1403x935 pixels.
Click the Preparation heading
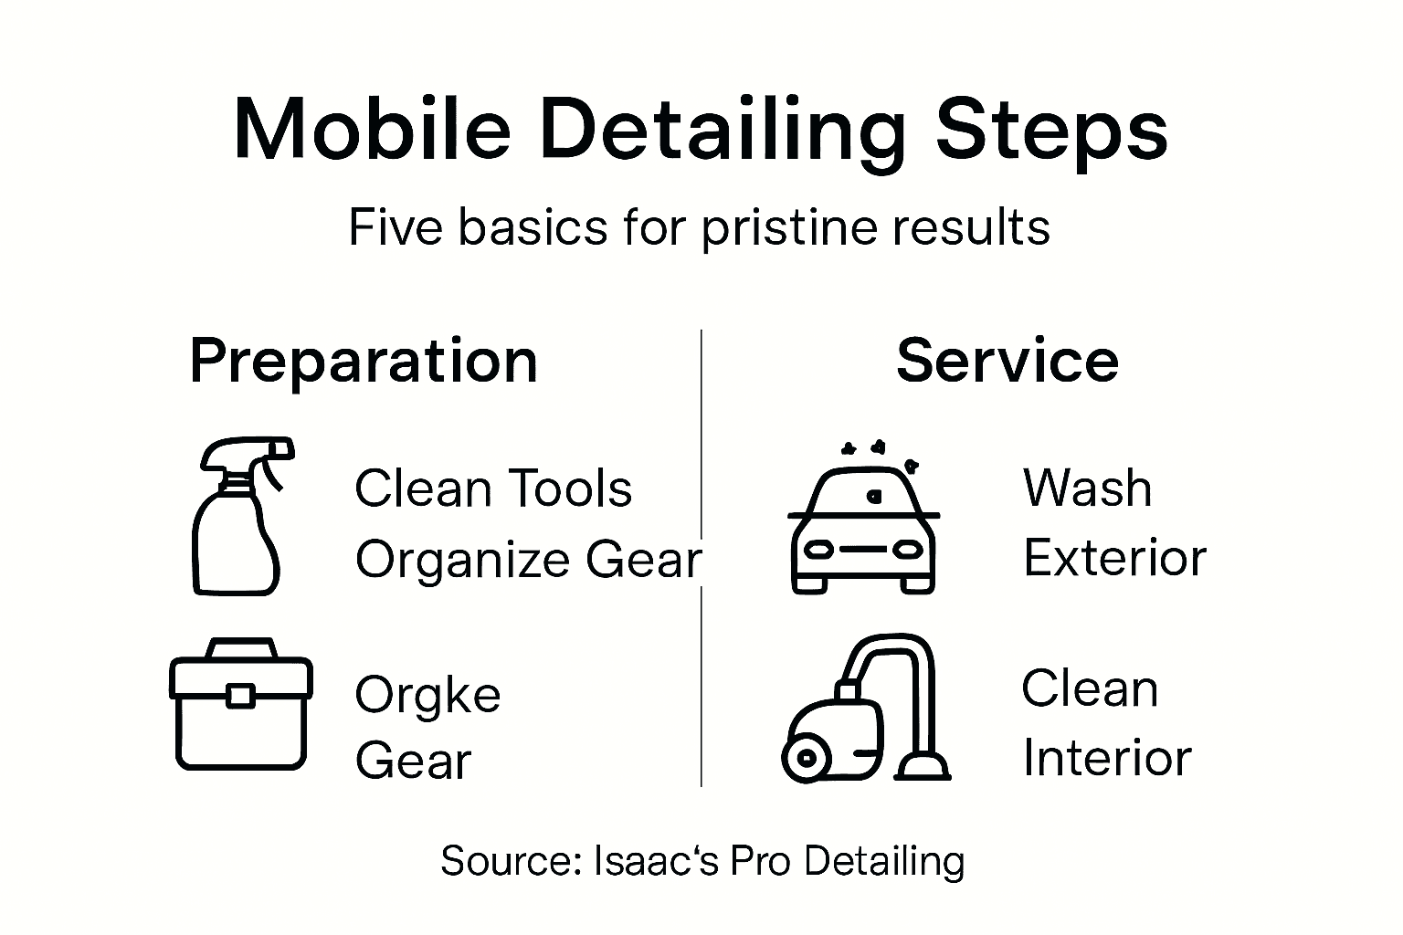click(x=364, y=361)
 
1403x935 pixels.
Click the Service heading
click(x=1007, y=361)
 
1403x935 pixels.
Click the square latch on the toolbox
click(x=240, y=696)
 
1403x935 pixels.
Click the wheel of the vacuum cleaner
click(x=807, y=757)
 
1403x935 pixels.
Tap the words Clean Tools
click(x=492, y=489)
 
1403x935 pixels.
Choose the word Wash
click(x=1087, y=489)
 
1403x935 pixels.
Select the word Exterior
click(x=1114, y=558)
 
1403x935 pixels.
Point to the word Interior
click(x=1106, y=758)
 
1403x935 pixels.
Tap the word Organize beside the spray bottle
click(x=464, y=560)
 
